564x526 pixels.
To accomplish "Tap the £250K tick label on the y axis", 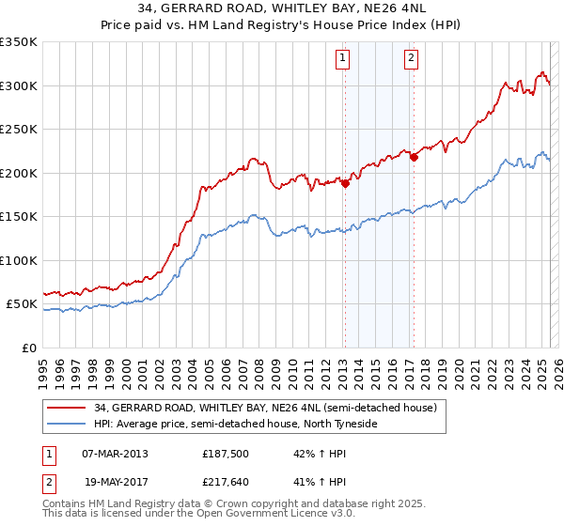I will tap(19, 130).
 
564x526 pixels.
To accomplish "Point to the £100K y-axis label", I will tap(19, 260).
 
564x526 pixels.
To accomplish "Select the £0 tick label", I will tap(28, 348).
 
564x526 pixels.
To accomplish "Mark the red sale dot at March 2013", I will tap(345, 184).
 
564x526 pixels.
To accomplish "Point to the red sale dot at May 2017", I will tap(414, 157).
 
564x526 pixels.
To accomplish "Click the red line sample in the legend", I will tap(66, 409).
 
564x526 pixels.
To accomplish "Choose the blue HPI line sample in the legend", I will tap(66, 425).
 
